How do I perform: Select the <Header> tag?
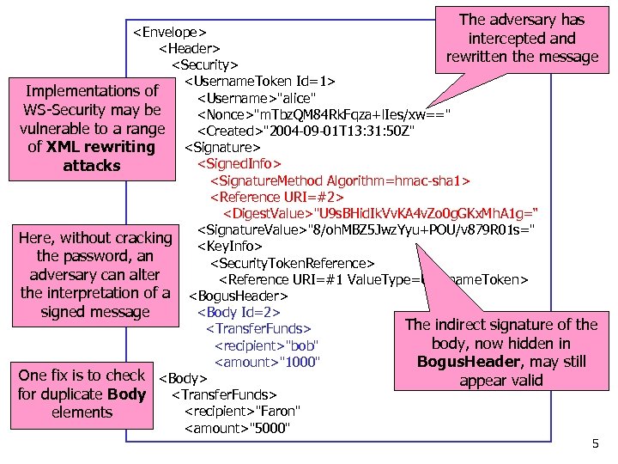tap(188, 48)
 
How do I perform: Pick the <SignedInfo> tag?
tap(239, 163)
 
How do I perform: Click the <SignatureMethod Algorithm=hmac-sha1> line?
tap(340, 180)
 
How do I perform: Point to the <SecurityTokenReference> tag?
tap(292, 263)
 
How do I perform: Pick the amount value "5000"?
tap(271, 428)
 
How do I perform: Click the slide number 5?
tap(596, 444)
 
